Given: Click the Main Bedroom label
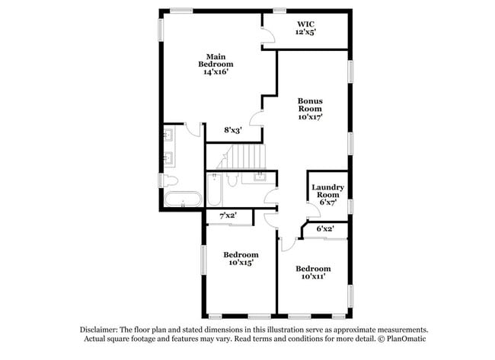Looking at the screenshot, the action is point(216,64).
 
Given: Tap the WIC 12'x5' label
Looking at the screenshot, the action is point(305,28).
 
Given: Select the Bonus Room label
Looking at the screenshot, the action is point(310,109).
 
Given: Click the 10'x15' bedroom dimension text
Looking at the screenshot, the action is point(241,263).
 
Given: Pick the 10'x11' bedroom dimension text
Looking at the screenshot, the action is point(313,277).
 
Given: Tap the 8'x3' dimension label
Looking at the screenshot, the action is point(233,129).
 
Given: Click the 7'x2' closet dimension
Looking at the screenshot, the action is point(228,215).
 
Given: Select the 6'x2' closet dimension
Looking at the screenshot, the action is point(325,228).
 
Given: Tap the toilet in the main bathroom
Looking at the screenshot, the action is point(171,181).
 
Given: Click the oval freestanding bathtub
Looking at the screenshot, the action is point(183,199).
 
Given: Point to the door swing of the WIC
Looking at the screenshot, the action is point(269,35).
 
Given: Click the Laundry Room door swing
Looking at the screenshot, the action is point(315,210).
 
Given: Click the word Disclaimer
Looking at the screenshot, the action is point(99,330).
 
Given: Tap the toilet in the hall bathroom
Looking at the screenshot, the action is point(232,180).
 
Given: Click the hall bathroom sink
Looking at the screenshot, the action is point(260,177).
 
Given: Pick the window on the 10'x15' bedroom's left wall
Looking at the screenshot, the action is point(204,260).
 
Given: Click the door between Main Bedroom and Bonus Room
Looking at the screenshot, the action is point(257,119).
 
